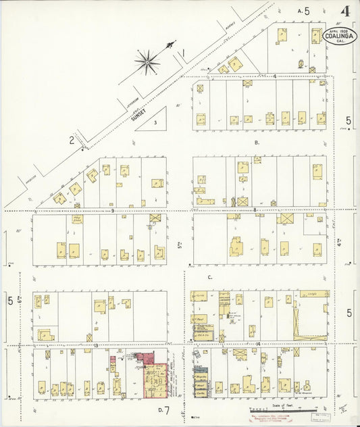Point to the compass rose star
click(147, 61)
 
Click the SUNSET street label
click(138, 115)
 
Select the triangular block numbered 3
click(155, 122)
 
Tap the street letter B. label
click(257, 143)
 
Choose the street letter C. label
click(210, 277)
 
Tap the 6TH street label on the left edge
click(21, 299)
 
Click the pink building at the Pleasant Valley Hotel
click(145, 358)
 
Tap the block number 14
click(260, 345)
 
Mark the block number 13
click(97, 345)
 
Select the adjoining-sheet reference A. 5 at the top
click(303, 11)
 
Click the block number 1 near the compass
click(182, 52)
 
